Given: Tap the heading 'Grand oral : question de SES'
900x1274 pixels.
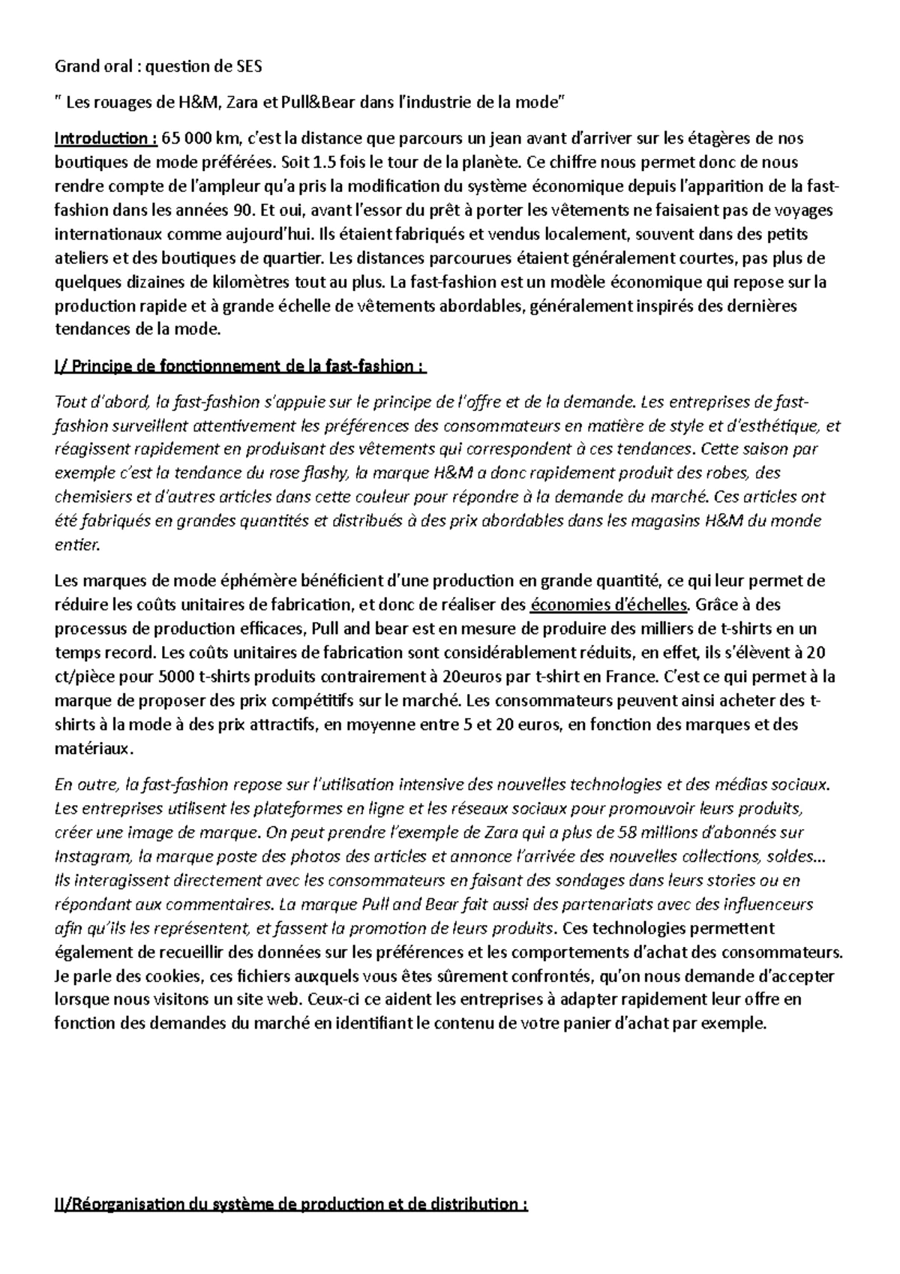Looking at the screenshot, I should [158, 66].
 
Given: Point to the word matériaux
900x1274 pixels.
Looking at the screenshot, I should [94, 749].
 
